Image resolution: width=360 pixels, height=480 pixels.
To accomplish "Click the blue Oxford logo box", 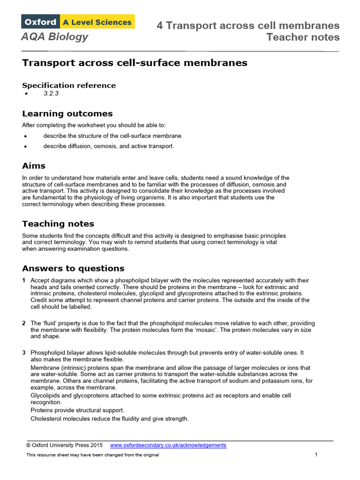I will click(40, 22).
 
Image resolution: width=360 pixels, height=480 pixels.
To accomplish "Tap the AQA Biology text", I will click(54, 37).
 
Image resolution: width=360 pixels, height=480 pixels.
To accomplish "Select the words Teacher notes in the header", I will click(303, 37).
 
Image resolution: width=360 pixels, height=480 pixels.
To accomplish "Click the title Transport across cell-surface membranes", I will click(135, 62).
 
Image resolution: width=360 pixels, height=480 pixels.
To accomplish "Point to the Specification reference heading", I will click(69, 85).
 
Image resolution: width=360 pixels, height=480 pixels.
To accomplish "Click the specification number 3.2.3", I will click(51, 93).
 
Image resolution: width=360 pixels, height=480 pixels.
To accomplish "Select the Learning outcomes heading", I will click(67, 113).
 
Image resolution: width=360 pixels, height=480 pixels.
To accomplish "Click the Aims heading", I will click(34, 165).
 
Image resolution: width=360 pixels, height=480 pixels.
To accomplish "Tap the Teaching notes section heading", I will click(58, 224).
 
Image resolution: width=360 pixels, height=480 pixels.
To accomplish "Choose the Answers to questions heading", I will click(73, 268).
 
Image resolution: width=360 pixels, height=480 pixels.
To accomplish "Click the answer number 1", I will click(24, 280).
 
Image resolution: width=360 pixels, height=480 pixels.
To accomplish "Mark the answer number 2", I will click(24, 323).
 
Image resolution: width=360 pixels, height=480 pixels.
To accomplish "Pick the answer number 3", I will click(24, 352).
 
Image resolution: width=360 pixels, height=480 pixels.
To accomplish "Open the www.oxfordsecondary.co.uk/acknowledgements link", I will click(168, 445).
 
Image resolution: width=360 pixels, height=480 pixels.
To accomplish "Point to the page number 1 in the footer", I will click(316, 455).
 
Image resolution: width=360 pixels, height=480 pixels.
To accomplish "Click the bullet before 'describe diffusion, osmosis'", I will click(25, 146).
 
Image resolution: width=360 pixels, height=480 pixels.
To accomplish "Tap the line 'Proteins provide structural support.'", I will click(77, 410).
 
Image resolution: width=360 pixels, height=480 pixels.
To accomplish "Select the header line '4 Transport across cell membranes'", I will click(248, 26).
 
